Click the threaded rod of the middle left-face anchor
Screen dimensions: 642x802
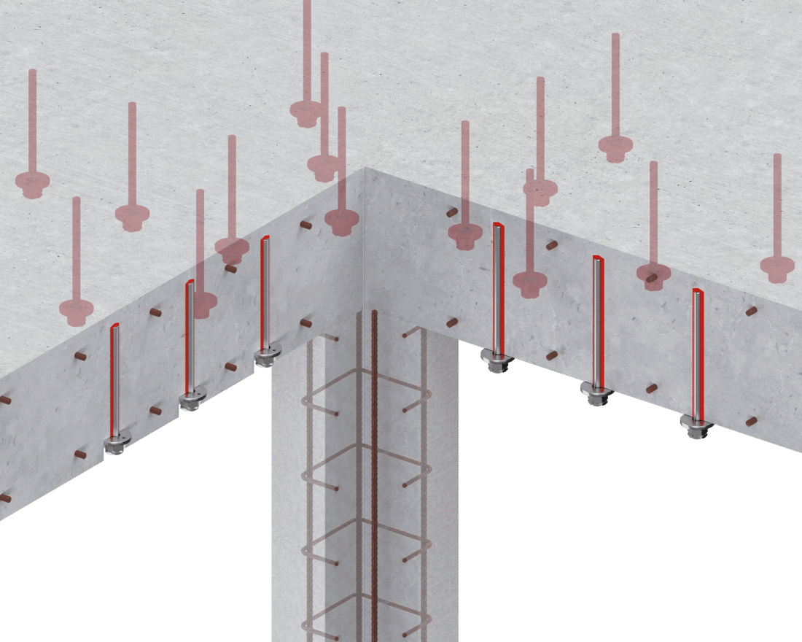click(190, 336)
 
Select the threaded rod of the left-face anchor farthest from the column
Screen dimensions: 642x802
click(114, 379)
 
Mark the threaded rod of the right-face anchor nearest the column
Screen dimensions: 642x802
click(497, 285)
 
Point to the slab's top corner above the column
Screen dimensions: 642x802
click(364, 169)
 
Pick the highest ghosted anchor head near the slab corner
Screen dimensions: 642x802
click(306, 112)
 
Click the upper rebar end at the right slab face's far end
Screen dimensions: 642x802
click(751, 312)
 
